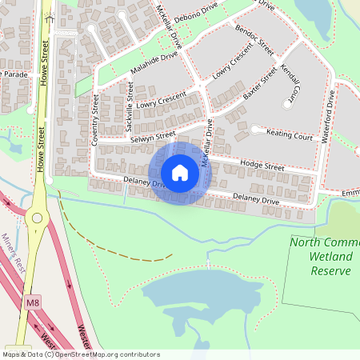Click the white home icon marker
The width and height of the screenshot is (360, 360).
(180, 173)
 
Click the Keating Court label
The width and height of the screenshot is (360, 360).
(289, 137)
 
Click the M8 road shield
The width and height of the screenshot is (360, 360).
(32, 302)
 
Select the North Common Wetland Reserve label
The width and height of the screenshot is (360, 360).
(321, 256)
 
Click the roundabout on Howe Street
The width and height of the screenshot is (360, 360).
(35, 217)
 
